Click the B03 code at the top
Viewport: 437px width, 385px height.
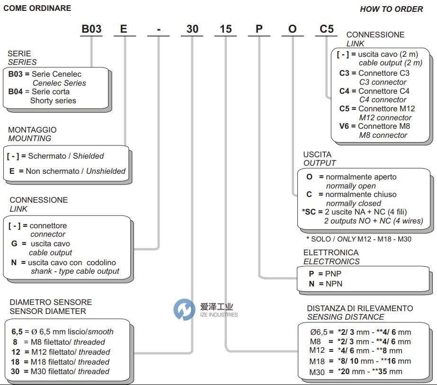(91, 29)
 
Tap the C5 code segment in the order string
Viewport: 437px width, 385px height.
(326, 29)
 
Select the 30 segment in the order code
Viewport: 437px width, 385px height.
(192, 29)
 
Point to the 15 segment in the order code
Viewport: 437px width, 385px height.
(226, 29)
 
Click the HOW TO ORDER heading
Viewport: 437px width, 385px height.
(391, 9)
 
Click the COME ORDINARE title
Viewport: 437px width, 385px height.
(37, 8)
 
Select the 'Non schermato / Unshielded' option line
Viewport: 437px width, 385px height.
(68, 171)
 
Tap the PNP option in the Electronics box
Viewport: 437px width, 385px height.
(331, 274)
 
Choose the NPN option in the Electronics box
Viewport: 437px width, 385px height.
(331, 284)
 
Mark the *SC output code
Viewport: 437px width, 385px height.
(308, 212)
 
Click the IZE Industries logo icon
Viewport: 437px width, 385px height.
(184, 310)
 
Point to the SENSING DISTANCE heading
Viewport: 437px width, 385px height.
(345, 317)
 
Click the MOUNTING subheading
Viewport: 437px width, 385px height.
(30, 138)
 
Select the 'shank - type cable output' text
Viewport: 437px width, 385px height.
(75, 271)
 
